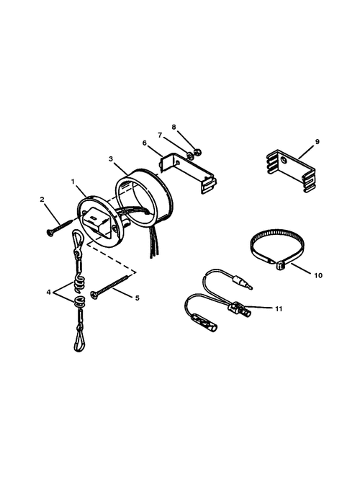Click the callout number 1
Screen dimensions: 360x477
point(73,182)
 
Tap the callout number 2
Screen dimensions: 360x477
point(42,200)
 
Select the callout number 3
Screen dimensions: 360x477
point(111,159)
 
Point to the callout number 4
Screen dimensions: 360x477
point(48,293)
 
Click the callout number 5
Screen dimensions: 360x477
point(137,298)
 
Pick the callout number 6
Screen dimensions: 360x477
point(144,143)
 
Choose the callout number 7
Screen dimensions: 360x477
point(160,135)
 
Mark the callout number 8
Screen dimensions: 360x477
point(174,127)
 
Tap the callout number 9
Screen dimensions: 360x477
point(317,141)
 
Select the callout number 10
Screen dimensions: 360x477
point(318,275)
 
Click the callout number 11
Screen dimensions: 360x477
point(279,309)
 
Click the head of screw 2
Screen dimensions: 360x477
point(49,233)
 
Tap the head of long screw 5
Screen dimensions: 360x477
point(94,295)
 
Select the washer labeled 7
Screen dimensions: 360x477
point(189,156)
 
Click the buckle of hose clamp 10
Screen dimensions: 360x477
point(279,266)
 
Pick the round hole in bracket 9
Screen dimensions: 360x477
point(284,159)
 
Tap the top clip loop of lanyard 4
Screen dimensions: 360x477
point(77,239)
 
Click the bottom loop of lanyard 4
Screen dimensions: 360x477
point(78,342)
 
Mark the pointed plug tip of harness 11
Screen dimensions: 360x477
point(250,287)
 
